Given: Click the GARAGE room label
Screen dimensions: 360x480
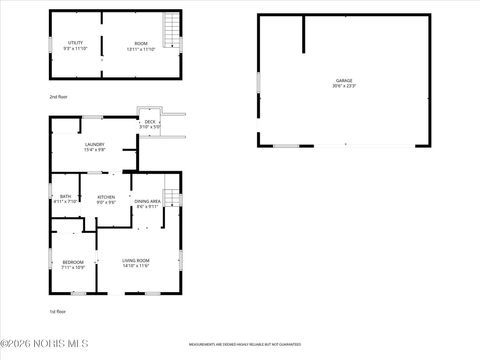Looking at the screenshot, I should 344,80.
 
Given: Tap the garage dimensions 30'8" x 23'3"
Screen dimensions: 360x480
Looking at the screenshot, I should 344,86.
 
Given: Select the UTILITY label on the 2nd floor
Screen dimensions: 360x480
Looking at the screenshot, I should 74,42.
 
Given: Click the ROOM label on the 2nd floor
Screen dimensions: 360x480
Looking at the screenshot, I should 141,42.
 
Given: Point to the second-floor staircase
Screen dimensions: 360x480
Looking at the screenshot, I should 172,29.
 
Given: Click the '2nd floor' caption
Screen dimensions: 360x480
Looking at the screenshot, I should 58,97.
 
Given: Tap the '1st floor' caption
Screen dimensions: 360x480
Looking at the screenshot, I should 58,311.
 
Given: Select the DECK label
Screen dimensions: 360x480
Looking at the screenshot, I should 150,122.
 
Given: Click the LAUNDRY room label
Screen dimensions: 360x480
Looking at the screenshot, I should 95,144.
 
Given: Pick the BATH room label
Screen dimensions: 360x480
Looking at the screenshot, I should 65,196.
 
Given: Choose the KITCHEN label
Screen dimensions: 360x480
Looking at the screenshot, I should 106,196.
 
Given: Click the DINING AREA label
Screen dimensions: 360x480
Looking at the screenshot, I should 147,202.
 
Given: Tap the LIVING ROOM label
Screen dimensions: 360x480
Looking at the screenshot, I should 136,260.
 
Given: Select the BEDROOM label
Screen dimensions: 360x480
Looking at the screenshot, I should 73,262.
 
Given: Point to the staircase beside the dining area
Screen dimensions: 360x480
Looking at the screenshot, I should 171,197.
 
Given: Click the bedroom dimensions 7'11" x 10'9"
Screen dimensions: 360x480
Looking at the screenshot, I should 73,268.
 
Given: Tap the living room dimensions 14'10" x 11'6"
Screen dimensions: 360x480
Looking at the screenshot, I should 136,266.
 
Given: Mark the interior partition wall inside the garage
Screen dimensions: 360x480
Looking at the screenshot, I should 304,34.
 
